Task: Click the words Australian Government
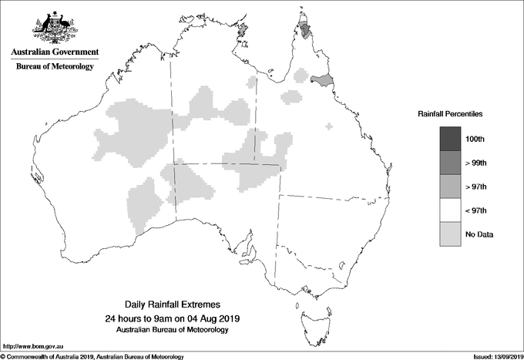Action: click(54, 52)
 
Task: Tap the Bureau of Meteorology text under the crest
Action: click(54, 66)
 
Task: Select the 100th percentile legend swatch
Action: click(450, 139)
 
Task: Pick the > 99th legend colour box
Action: click(450, 163)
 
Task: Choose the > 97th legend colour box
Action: click(450, 187)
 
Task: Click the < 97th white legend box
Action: click(450, 210)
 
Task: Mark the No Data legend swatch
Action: click(450, 234)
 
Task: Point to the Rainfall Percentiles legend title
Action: click(450, 113)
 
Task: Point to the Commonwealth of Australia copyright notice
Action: click(92, 356)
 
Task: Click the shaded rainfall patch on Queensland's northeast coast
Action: click(321, 79)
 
